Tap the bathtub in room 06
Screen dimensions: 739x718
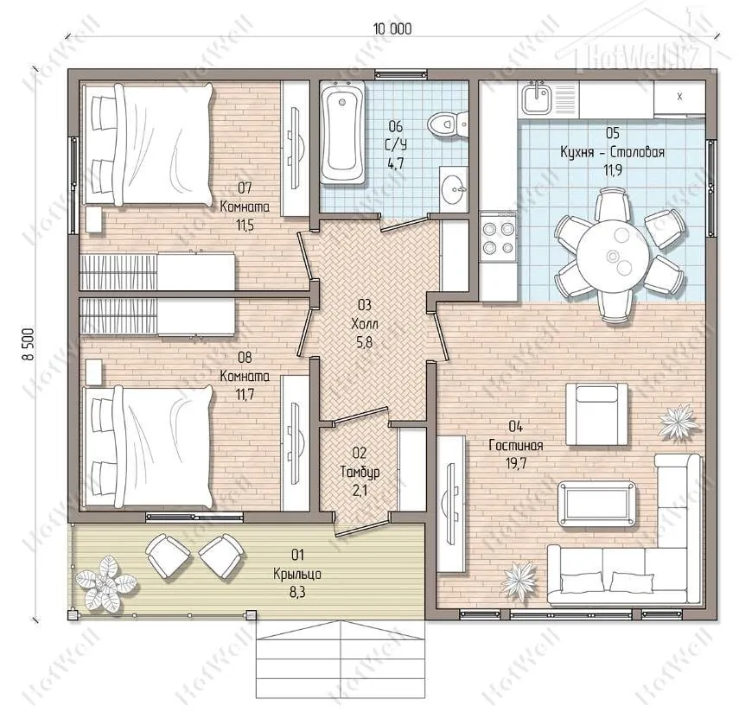(342, 132)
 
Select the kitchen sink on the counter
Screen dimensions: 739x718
(537, 98)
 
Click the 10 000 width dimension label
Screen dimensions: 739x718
(392, 29)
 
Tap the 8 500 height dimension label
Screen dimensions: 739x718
(29, 344)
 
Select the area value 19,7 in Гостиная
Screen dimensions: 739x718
(516, 464)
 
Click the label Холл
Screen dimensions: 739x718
(365, 324)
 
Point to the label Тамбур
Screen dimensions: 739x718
(360, 472)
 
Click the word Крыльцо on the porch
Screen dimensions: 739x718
(297, 574)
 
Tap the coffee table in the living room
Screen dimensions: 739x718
(596, 504)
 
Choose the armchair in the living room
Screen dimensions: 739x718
(596, 414)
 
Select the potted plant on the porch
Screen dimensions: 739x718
(105, 583)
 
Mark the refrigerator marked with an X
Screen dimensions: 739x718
(679, 98)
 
